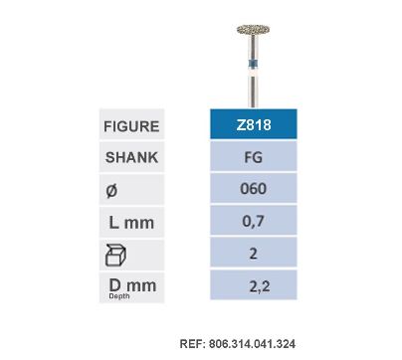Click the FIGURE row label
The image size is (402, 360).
131,126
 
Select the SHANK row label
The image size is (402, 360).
131,157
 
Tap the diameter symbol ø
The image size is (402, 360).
111,190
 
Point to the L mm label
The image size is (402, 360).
131,222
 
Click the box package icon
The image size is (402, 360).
115,256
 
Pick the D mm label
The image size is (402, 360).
132,285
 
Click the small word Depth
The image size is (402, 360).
119,296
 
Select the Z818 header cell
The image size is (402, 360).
254,124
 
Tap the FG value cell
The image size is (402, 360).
254,156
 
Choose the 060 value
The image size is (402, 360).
253,188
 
